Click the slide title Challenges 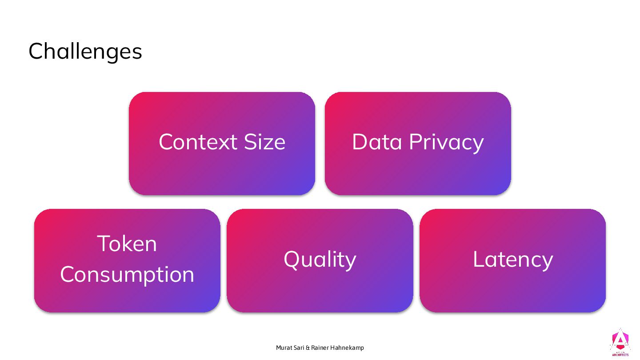tap(85, 51)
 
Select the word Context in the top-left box tap(192, 142)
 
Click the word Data tap(377, 142)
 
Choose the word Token tap(127, 244)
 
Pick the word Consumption tap(127, 275)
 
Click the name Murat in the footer tap(284, 348)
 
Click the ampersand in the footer tap(308, 348)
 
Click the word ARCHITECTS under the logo tap(620, 355)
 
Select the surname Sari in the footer tap(299, 348)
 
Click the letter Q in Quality tap(292, 260)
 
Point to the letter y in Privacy tap(478, 145)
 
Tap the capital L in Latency tap(478, 259)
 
